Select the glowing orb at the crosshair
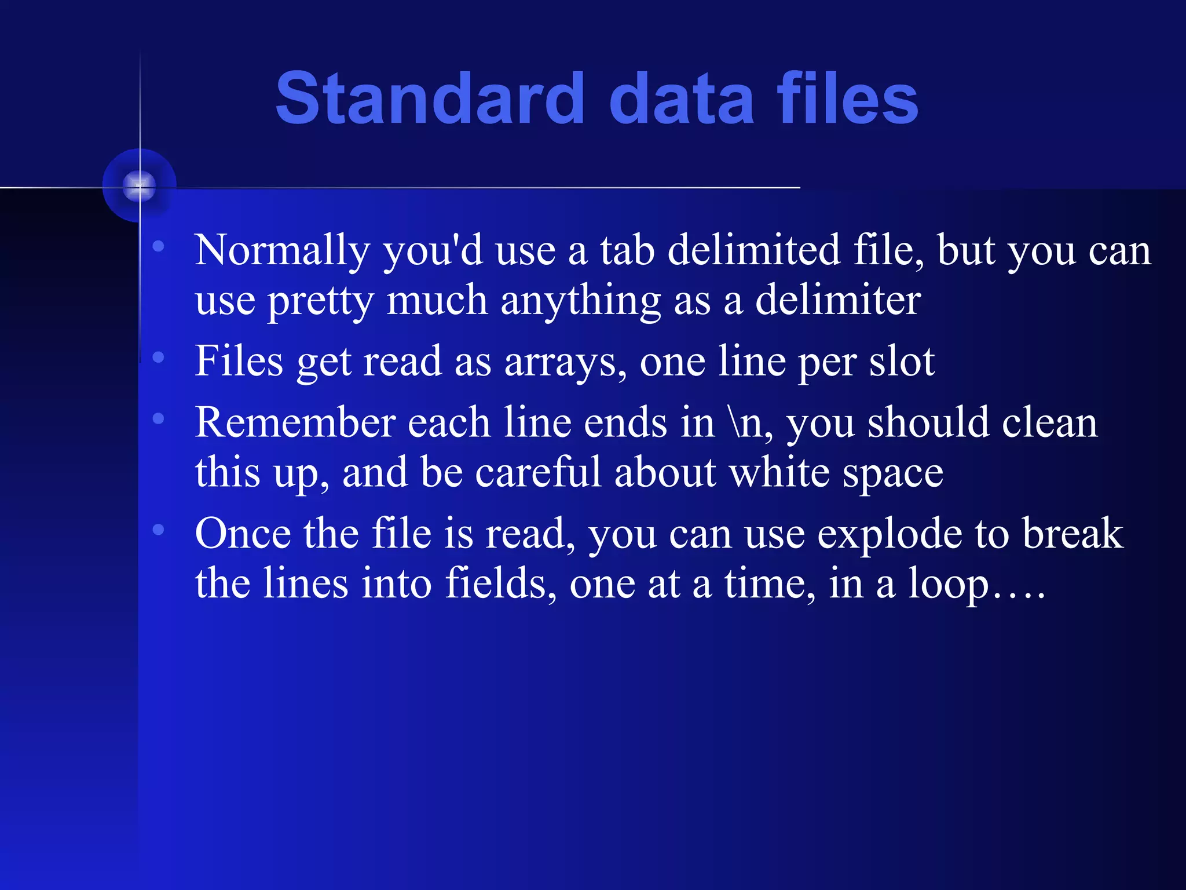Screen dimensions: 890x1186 click(140, 186)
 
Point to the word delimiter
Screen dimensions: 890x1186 click(838, 301)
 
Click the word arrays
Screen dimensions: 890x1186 click(565, 362)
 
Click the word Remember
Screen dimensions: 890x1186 click(295, 423)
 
